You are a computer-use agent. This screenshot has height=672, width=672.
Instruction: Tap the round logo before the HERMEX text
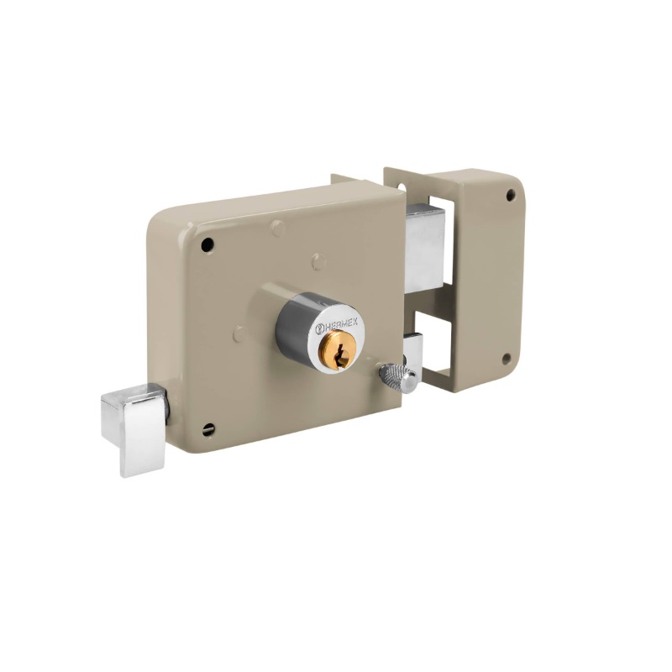tap(319, 329)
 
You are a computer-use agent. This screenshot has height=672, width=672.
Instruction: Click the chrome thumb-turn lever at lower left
tap(134, 428)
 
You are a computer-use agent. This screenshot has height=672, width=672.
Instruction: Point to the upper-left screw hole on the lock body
tap(207, 244)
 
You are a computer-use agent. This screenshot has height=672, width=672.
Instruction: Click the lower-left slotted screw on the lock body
tap(207, 429)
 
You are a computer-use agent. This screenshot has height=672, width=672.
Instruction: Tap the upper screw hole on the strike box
tap(511, 195)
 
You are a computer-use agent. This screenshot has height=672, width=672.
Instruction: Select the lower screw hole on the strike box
tap(507, 359)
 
